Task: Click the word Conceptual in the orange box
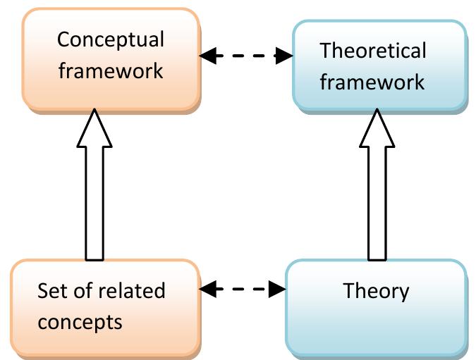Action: pos(111,39)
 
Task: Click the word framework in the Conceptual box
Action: pos(111,70)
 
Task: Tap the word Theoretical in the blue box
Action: pos(372,51)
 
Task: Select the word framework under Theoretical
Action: pos(372,82)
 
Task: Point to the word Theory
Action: pos(376,290)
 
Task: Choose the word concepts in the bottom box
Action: pos(80,322)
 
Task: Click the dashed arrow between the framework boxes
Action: pos(245,56)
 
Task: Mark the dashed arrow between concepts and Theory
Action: pos(243,288)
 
